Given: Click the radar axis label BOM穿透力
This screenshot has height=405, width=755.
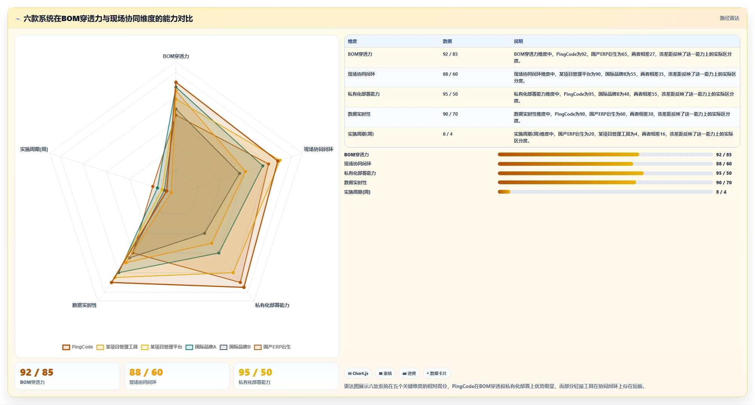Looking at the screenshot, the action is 176,56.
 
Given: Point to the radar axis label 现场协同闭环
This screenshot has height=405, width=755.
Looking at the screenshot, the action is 319,149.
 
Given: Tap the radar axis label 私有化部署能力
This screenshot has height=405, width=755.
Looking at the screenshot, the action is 272,305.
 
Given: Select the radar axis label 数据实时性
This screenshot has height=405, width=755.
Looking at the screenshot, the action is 84,305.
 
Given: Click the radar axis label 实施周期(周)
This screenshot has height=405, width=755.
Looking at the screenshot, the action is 34,149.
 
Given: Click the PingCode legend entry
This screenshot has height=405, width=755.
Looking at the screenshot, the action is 78,347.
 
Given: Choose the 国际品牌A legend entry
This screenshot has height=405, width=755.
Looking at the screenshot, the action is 201,347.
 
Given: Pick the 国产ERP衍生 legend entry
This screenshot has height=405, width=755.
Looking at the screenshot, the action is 273,347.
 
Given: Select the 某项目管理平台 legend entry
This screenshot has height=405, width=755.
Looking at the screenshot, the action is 162,347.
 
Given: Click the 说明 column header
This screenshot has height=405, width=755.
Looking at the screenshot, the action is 518,41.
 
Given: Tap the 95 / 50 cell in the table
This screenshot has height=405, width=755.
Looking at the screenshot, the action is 450,94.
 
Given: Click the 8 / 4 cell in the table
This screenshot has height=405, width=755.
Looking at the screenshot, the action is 448,134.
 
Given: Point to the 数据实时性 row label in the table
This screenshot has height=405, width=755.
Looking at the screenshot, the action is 359,114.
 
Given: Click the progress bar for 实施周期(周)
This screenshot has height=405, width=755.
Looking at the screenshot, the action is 605,192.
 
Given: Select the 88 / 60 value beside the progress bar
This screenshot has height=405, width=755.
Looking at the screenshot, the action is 724,164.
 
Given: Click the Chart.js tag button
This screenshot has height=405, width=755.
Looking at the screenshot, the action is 358,373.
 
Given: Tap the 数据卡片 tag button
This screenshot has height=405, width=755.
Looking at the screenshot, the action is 436,373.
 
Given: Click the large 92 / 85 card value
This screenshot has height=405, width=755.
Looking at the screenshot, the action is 37,372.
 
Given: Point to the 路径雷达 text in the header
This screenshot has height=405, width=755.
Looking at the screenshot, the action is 729,18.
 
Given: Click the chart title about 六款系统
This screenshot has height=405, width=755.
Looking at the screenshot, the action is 108,18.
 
